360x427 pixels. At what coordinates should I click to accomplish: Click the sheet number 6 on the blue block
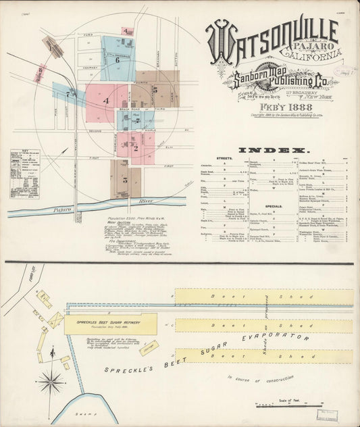[117, 59]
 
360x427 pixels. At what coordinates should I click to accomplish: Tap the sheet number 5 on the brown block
[155, 89]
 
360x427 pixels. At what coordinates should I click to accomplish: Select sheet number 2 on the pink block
[136, 147]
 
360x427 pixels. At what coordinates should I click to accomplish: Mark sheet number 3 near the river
[125, 181]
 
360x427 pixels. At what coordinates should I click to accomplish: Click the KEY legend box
[24, 174]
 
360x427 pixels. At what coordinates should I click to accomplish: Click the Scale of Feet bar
[290, 405]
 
